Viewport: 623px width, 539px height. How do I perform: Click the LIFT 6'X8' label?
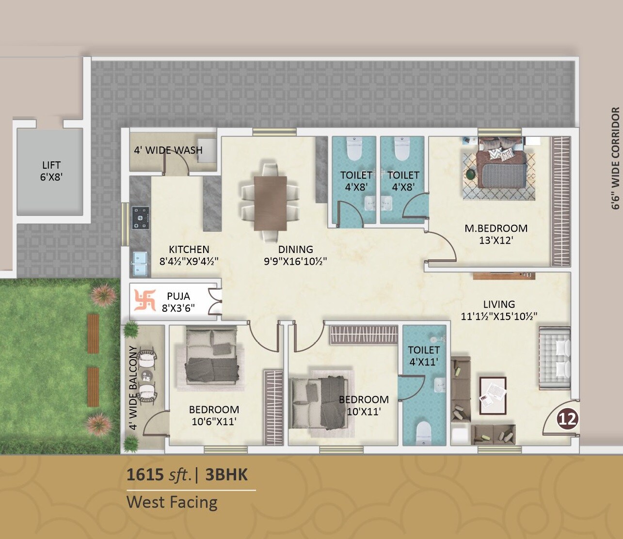point(51,171)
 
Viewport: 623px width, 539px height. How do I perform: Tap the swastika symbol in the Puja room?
point(144,301)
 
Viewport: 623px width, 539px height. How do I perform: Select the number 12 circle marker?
point(567,418)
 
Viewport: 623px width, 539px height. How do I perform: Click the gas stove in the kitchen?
point(141,218)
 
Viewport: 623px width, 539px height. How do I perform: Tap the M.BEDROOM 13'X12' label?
point(495,234)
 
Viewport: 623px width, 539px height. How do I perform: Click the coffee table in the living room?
point(493,395)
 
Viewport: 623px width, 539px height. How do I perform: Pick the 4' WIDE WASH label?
point(168,150)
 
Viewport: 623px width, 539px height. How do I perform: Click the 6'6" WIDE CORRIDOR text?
point(616,158)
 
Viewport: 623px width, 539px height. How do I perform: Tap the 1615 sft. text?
point(159,475)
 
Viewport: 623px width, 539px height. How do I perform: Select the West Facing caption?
point(172,502)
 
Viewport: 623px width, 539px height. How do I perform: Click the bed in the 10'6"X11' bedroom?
point(211,358)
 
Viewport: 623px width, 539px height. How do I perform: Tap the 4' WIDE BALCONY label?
point(133,388)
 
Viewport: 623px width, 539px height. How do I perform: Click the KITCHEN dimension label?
point(189,255)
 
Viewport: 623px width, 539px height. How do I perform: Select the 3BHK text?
point(226,475)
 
